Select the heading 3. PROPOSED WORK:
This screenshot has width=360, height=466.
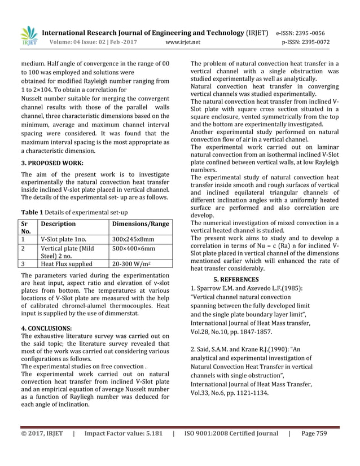[x=52, y=162]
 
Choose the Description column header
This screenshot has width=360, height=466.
[x=58, y=224]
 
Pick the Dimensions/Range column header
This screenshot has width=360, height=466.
[x=139, y=224]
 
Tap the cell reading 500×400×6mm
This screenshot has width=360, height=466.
[x=133, y=248]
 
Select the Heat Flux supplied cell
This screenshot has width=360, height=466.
[x=67, y=263]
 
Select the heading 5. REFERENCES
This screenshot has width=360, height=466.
[x=236, y=279]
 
